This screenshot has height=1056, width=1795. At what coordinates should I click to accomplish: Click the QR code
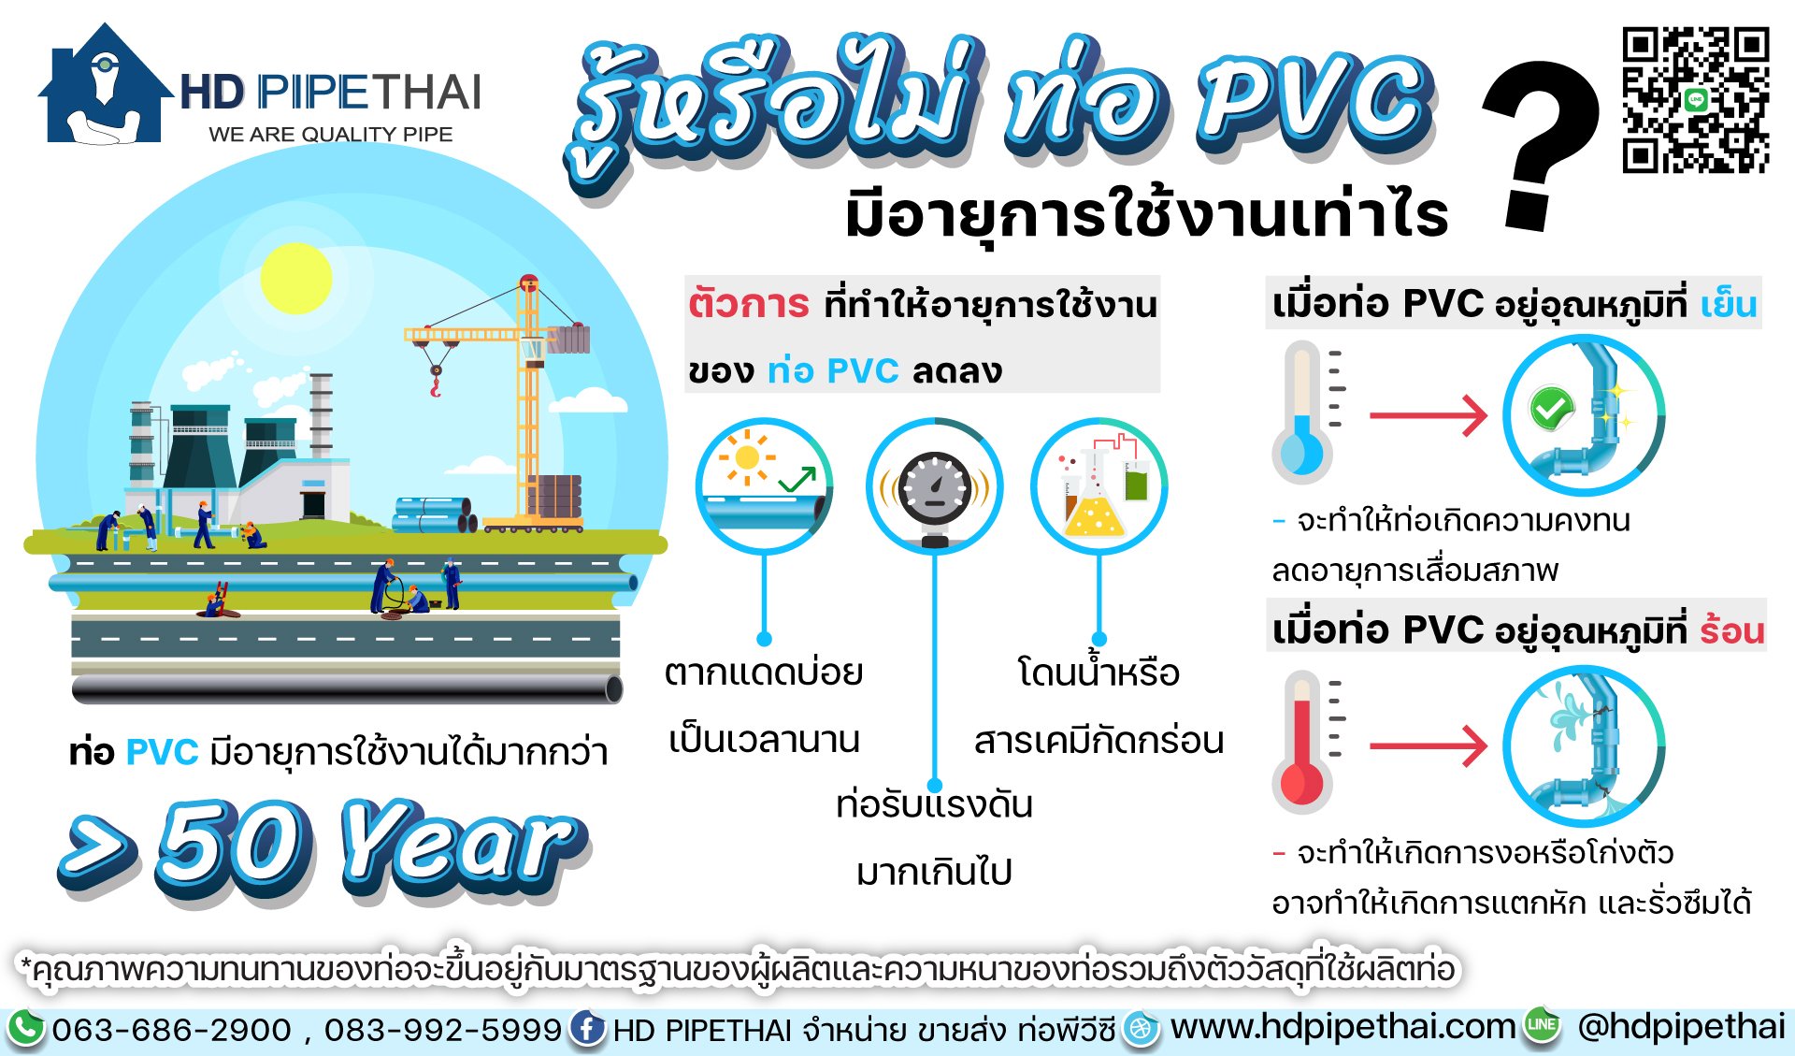[x=1695, y=100]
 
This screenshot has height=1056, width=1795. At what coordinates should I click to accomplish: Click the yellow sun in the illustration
[x=295, y=278]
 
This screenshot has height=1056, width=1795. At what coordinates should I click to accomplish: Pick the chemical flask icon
[x=1099, y=486]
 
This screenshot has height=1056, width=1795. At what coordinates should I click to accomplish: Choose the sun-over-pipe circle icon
[x=764, y=485]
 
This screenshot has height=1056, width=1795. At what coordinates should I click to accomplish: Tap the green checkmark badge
[x=1551, y=408]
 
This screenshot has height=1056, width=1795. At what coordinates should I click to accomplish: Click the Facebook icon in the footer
[x=586, y=1028]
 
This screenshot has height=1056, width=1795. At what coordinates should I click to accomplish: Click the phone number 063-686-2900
[x=171, y=1030]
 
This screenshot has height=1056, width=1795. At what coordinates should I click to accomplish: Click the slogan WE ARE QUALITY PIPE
[x=330, y=134]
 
